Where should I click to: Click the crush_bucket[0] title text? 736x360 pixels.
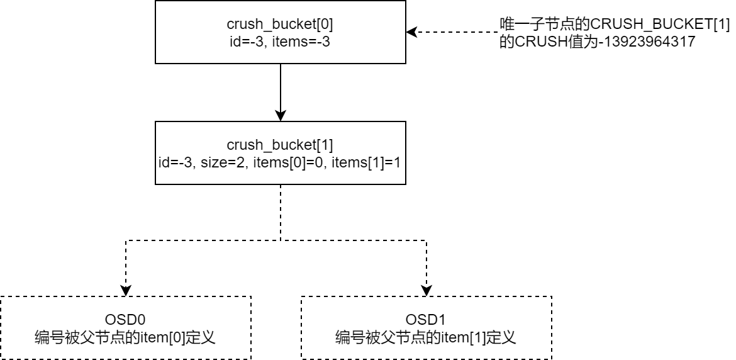tap(280, 25)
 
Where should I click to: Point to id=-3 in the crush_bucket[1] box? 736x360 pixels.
tap(176, 162)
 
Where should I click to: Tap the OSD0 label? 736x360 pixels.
tap(125, 320)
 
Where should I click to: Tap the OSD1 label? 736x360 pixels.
tap(426, 320)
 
